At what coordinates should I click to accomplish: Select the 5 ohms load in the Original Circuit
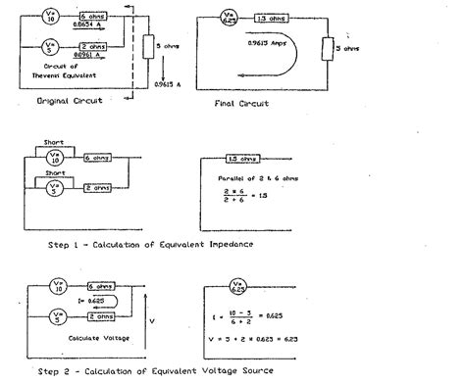(148, 46)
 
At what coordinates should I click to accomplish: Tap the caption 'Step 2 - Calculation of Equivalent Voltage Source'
(157, 373)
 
